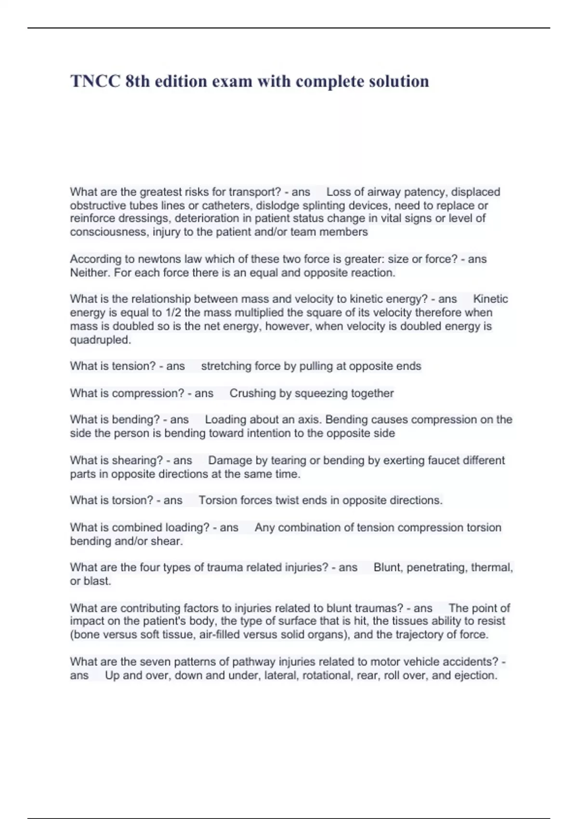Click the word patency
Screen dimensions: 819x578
coord(424,192)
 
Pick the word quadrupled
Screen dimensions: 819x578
coord(100,340)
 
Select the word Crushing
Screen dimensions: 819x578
coord(252,394)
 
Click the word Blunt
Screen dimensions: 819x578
coord(387,568)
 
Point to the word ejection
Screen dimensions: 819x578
coord(476,675)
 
